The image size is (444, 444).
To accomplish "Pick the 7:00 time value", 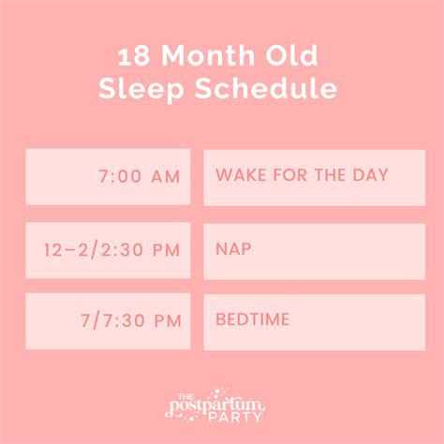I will click(x=119, y=177).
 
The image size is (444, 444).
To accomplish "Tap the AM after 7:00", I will click(x=166, y=177).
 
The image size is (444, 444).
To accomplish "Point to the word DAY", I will click(x=369, y=175).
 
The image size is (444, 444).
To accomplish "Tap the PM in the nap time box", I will click(x=166, y=250).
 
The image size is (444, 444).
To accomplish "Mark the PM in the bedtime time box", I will click(x=166, y=321).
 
